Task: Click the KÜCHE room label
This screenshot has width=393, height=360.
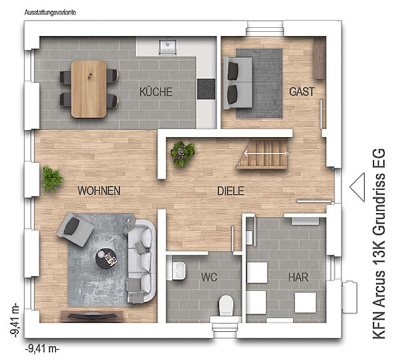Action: coord(156,92)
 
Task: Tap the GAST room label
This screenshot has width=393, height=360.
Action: coord(302,92)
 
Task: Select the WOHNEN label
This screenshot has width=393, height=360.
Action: coord(99,191)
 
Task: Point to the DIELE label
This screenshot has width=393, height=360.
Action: coord(231,191)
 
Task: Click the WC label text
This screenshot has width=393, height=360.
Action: coord(209,277)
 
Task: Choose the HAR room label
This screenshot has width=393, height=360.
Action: coord(298,277)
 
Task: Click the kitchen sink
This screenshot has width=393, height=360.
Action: coord(168,47)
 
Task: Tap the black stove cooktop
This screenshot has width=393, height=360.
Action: coord(206,89)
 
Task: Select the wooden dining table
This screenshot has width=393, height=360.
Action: coord(88,89)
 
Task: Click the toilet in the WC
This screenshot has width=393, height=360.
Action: coord(227,306)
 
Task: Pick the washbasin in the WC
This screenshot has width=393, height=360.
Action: coord(179,270)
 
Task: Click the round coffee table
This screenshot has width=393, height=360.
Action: coord(106,258)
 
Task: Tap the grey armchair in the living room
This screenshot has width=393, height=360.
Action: coord(75,229)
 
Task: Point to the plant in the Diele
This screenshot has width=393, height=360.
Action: coord(183,153)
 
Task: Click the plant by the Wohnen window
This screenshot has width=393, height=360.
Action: coord(52,179)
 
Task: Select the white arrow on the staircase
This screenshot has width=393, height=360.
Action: coord(266,153)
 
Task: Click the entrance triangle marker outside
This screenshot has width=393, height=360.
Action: coord(358,187)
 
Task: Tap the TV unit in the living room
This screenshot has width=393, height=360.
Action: coord(92,316)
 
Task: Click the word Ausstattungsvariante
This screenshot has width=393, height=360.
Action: coord(50,12)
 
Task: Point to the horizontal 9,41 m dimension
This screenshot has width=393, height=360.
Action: coord(43,349)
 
